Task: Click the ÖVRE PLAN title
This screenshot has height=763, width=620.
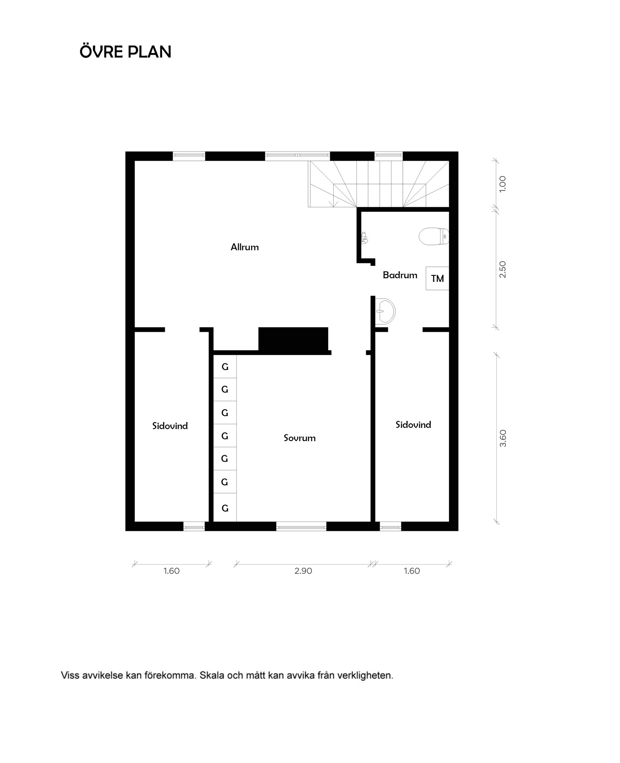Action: [x=125, y=52]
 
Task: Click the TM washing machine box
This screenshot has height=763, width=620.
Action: [x=437, y=278]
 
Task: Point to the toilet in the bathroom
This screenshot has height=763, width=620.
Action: [x=433, y=236]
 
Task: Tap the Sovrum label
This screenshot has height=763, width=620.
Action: [x=299, y=438]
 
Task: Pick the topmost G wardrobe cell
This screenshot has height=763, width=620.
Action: [x=225, y=367]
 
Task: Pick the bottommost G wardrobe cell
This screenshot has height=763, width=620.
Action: [x=225, y=508]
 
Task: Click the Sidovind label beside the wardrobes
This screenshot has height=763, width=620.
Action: [x=170, y=426]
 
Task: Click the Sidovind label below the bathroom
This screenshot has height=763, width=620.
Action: [x=413, y=425]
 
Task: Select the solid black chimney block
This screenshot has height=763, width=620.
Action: [x=293, y=339]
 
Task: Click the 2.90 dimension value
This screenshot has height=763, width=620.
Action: [x=303, y=571]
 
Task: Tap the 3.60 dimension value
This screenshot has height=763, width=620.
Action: [x=503, y=438]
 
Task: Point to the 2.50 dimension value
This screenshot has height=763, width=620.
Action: [x=502, y=269]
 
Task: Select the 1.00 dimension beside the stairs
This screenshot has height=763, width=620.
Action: [x=502, y=184]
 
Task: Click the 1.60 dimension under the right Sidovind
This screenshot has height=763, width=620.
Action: [x=412, y=571]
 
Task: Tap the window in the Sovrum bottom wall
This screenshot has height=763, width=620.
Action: [x=301, y=526]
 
